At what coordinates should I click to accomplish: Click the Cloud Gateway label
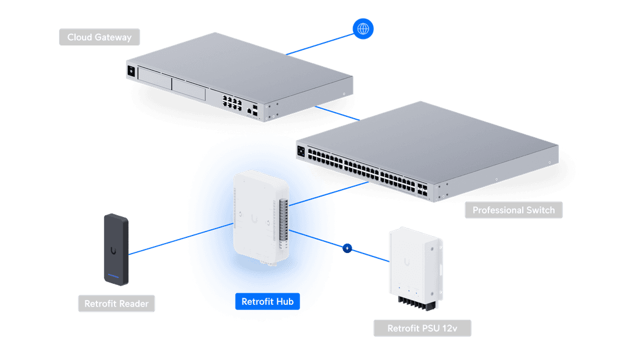coord(99,37)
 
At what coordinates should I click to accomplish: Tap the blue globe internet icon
coord(363,28)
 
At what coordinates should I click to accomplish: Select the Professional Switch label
coord(513,210)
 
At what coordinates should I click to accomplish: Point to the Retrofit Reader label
coord(116,304)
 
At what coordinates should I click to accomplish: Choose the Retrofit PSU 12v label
coord(422,328)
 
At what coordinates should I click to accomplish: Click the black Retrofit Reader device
coord(116,249)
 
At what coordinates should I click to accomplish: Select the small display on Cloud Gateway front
coord(130,72)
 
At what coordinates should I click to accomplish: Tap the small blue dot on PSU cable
coord(347,248)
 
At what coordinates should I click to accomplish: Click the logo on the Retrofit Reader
coord(114,251)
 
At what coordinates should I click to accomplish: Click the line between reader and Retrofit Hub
coord(174,239)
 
